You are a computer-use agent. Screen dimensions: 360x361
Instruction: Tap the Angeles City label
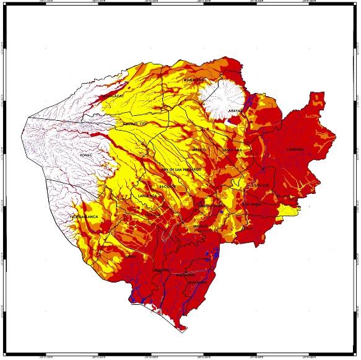(x=136, y=124)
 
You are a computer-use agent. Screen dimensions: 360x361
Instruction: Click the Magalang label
(x=194, y=81)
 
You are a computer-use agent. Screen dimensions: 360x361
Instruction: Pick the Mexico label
(x=199, y=150)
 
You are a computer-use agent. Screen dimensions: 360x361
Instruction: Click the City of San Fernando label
(x=181, y=169)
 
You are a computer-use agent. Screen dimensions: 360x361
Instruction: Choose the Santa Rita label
(x=149, y=195)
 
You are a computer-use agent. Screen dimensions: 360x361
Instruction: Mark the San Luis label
(x=260, y=185)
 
